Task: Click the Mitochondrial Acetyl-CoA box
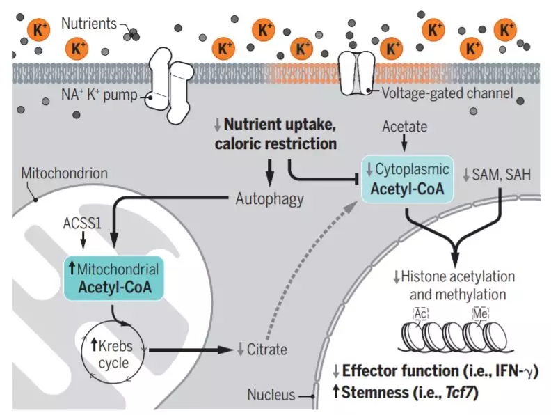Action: click(x=114, y=277)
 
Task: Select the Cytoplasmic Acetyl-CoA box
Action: click(x=407, y=179)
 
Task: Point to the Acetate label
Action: click(x=405, y=126)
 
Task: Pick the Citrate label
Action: click(x=262, y=349)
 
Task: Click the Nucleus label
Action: click(x=271, y=395)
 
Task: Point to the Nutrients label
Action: click(x=88, y=23)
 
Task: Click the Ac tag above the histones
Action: click(x=420, y=313)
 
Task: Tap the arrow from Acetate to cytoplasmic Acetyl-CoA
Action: click(x=404, y=143)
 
